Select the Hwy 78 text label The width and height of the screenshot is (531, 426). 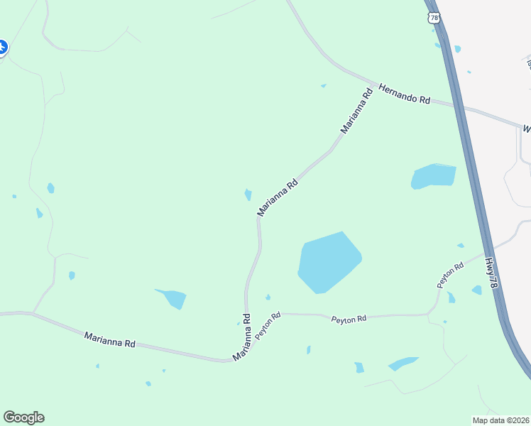coord(493,273)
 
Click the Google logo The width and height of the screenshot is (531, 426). coord(23,417)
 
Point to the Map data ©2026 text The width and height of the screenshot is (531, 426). coord(500,420)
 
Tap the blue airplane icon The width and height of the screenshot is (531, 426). coord(2,48)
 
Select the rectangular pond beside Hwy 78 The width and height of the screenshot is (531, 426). coord(434,176)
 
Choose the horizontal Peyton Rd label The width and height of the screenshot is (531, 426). coord(349,319)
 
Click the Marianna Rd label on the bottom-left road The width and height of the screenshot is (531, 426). coord(109,339)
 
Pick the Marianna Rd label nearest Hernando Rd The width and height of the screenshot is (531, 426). coord(357,110)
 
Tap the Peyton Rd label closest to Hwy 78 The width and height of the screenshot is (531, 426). coord(450,275)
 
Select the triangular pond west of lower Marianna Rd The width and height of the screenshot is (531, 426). coord(173,298)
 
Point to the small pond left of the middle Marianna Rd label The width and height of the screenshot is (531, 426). coord(248,194)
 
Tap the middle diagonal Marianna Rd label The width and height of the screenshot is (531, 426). coord(277,198)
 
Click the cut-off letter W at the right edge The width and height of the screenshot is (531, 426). coord(527,129)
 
